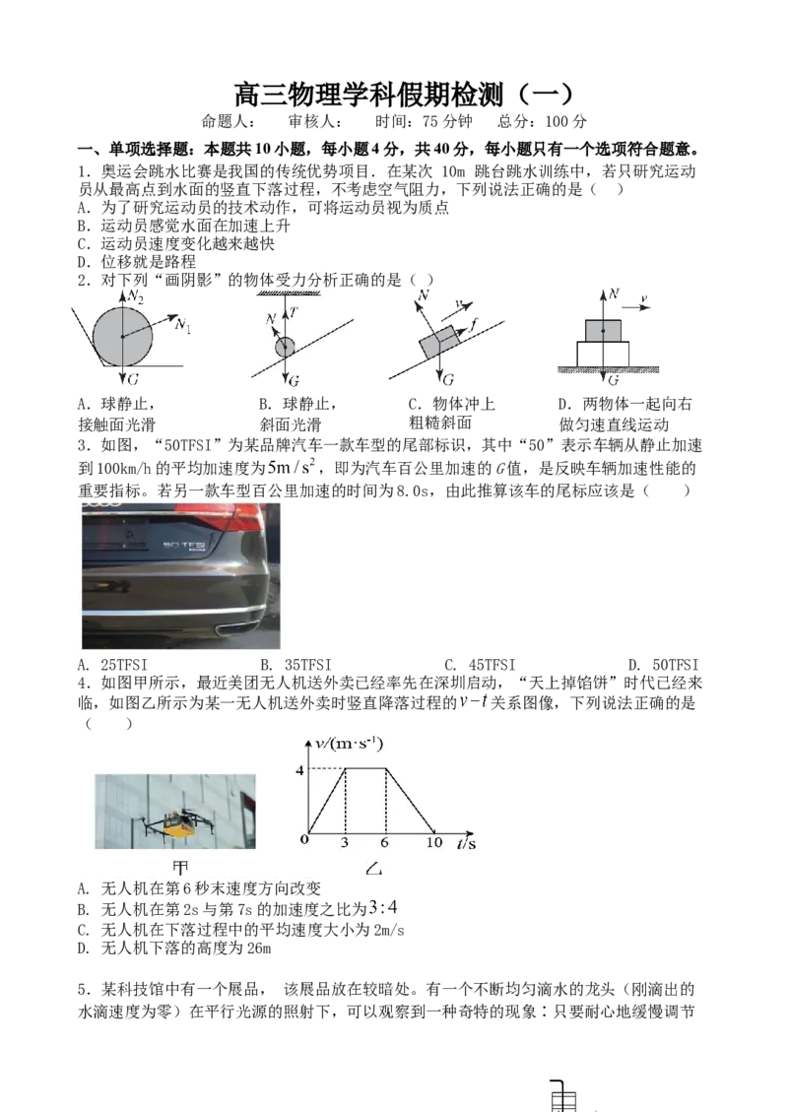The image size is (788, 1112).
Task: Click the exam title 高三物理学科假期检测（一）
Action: (403, 95)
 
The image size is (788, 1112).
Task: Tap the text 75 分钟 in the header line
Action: (447, 121)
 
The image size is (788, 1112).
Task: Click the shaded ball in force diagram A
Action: (123, 336)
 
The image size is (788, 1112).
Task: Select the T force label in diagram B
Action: (293, 312)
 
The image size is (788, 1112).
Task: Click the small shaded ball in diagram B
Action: (285, 347)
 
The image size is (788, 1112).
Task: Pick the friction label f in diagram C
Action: (473, 324)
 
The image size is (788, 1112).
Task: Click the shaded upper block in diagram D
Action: (603, 331)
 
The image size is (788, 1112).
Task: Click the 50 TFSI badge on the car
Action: (183, 545)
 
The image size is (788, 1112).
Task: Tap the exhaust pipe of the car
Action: (233, 627)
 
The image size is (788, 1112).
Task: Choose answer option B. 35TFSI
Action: (295, 665)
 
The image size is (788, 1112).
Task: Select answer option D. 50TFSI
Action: (663, 665)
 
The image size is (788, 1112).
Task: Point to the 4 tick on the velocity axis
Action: (299, 769)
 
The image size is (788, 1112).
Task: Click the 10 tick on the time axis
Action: (434, 842)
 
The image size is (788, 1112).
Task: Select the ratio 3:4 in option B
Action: (384, 908)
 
